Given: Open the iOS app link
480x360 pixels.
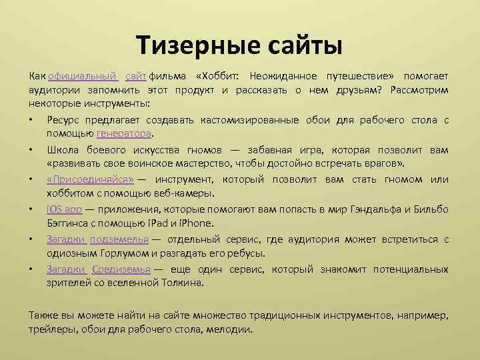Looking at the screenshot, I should tap(64, 209).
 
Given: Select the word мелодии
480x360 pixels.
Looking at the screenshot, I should tap(230, 329).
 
